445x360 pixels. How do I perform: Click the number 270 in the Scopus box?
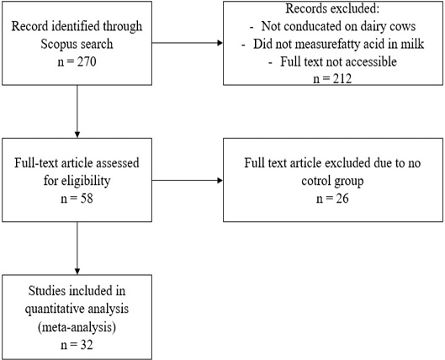click(x=87, y=61)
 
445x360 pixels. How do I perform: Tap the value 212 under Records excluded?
click(x=342, y=79)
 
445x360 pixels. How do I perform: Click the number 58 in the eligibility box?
click(x=87, y=199)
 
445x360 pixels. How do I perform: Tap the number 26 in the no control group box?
click(x=342, y=199)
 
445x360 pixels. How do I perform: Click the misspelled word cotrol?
click(x=315, y=181)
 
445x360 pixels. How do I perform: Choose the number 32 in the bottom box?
click(x=87, y=345)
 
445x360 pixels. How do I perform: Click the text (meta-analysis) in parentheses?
click(x=77, y=327)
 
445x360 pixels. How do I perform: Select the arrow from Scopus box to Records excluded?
click(x=188, y=43)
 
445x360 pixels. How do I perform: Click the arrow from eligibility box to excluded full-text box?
click(x=188, y=181)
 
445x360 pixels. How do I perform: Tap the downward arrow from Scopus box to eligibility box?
click(x=77, y=112)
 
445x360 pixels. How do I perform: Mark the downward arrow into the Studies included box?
click(x=77, y=248)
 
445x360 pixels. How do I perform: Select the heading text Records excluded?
click(x=332, y=8)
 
